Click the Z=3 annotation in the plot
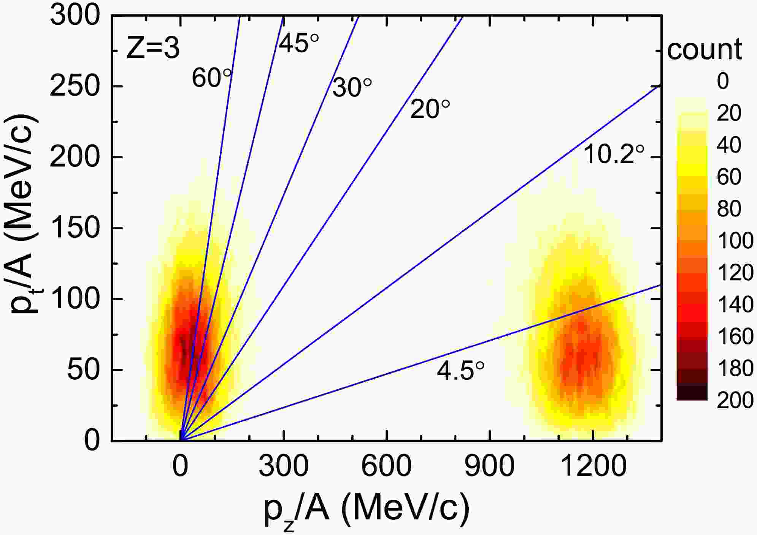point(152,49)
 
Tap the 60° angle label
point(211,78)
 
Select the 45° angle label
point(299,43)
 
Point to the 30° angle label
point(352,88)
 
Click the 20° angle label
point(430,109)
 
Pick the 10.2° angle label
point(614,154)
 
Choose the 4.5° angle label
point(460,371)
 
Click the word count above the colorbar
point(705,50)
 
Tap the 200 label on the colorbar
point(735,400)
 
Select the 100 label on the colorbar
point(735,241)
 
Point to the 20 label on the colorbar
point(729,113)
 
